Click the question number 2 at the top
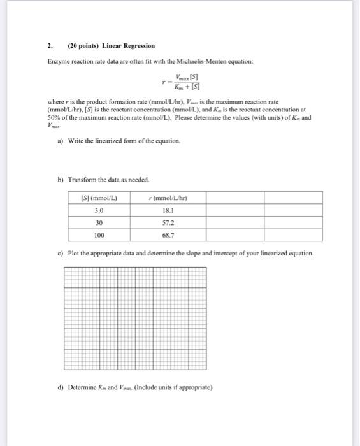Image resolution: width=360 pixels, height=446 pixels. [49, 46]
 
